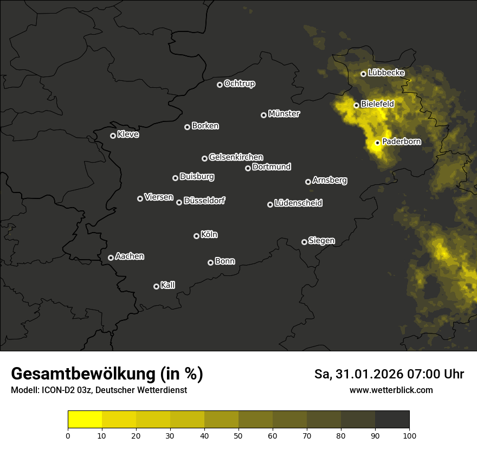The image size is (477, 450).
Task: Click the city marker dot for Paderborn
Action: coord(377,143)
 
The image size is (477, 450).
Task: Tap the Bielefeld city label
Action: coord(377,104)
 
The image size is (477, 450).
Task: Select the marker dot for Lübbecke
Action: coord(363,74)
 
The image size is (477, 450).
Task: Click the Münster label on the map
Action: coord(283,114)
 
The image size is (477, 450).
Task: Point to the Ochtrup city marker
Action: coord(220,85)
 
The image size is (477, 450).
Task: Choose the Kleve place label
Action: coord(128,134)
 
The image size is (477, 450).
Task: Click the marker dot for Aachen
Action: coord(111,258)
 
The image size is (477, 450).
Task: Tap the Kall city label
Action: coord(167,285)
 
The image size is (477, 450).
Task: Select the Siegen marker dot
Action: coord(304,242)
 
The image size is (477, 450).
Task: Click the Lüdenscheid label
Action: coord(298,203)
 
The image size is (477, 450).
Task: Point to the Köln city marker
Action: coord(196,236)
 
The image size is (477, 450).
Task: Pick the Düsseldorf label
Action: coord(204,201)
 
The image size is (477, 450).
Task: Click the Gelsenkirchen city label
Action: coord(236,157)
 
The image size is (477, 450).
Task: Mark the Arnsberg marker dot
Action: coord(308,182)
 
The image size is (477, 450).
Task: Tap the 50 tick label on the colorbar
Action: coord(238,435)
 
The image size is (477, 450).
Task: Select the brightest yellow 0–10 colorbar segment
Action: coord(85,420)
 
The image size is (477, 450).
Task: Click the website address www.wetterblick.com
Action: coord(391,390)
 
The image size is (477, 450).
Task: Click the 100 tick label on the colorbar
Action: coord(409,435)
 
